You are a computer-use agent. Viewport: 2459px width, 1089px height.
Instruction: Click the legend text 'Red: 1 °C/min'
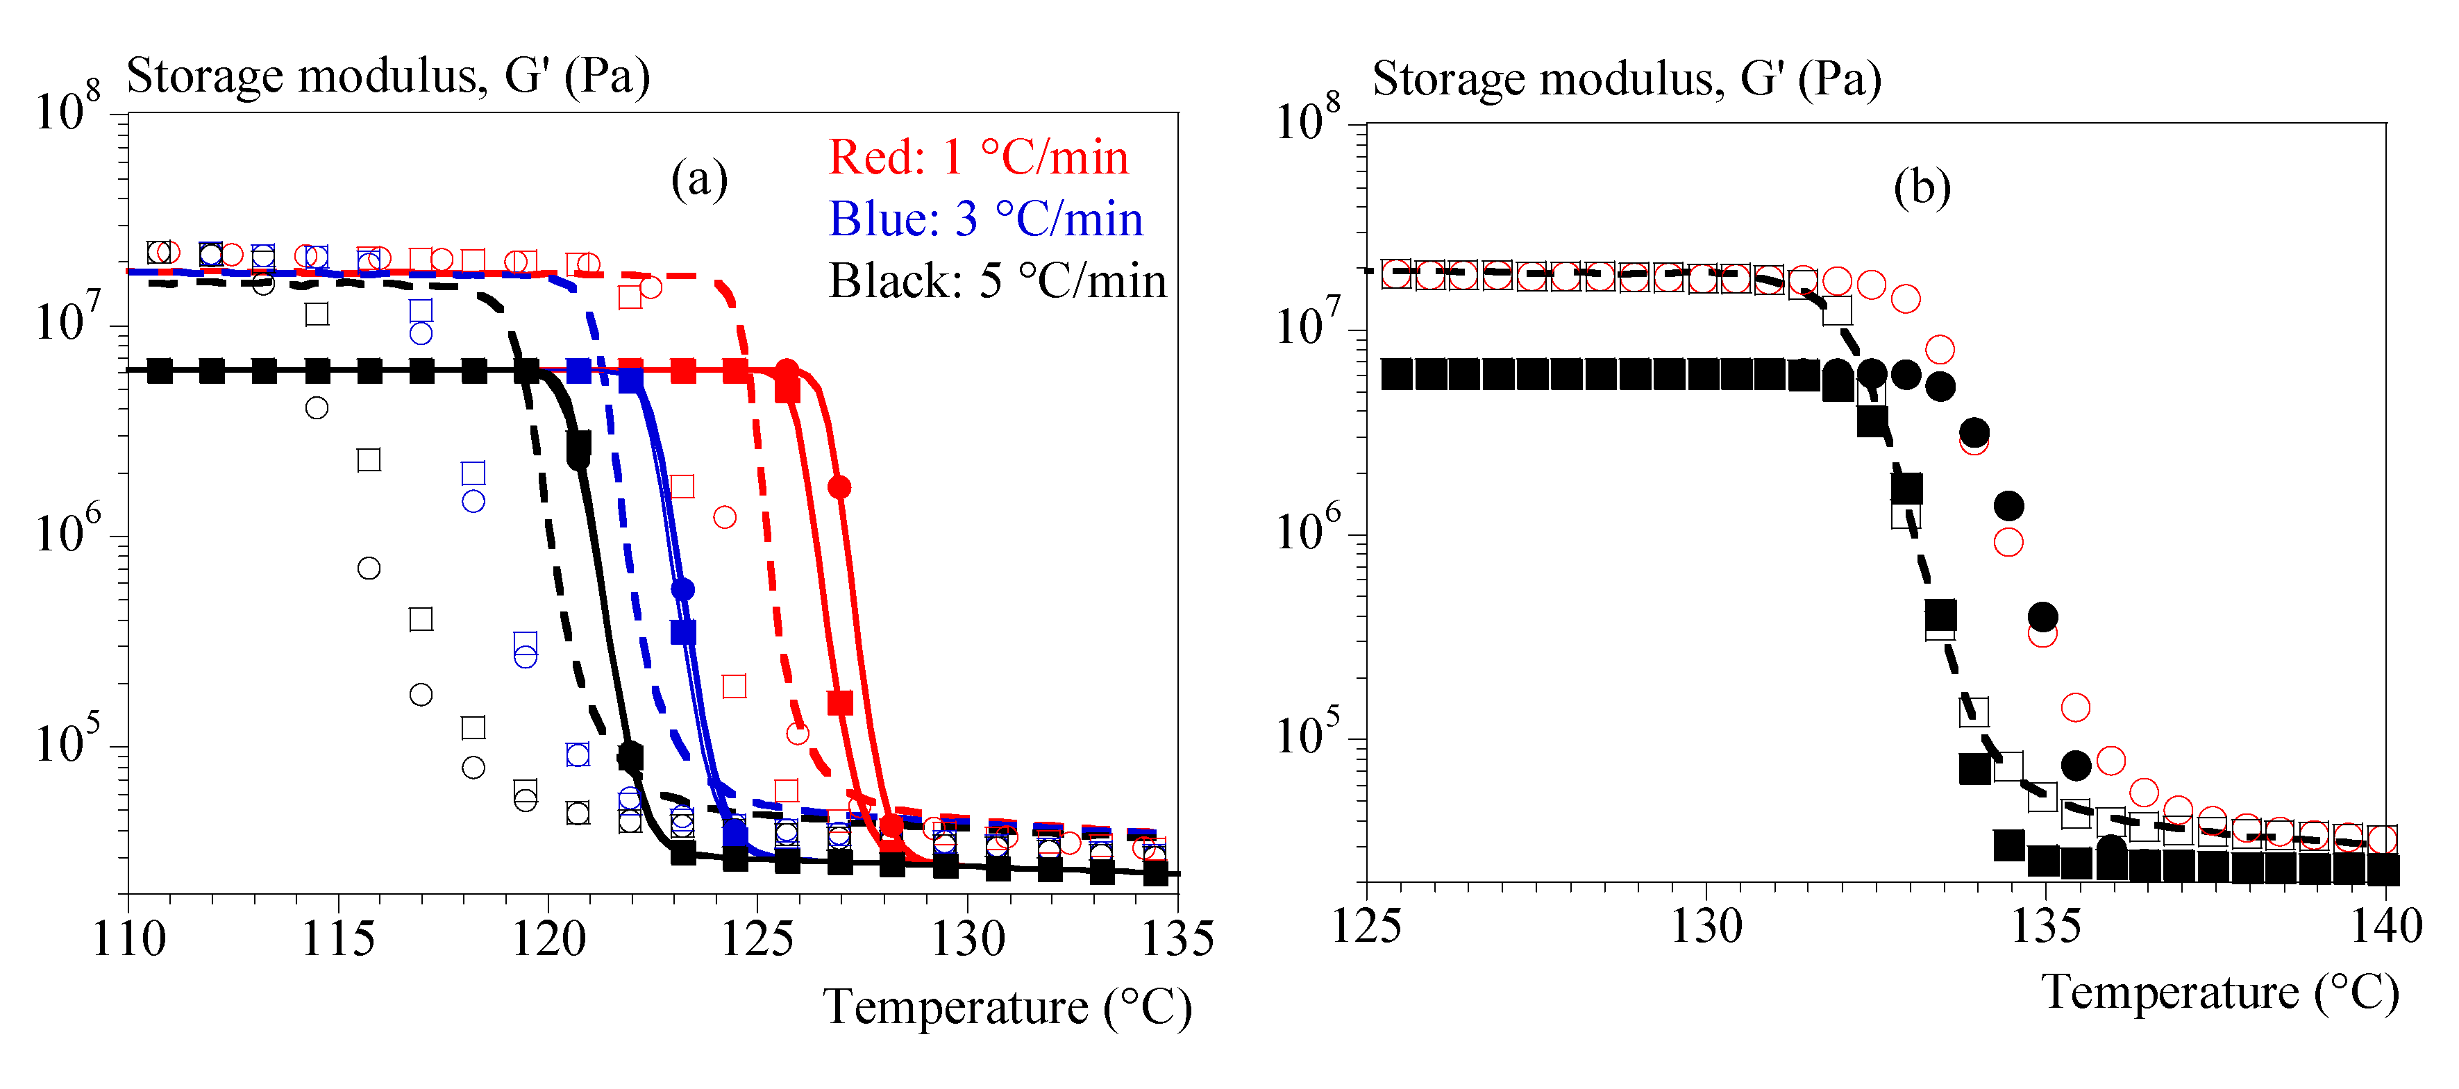[x=977, y=158]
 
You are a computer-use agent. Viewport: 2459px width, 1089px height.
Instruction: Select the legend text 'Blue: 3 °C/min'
[x=985, y=219]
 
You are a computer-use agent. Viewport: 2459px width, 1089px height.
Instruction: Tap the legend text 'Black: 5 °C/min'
[x=997, y=282]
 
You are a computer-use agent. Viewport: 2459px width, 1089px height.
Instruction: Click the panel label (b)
[x=1922, y=187]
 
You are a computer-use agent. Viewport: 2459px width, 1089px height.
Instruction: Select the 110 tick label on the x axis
[x=129, y=939]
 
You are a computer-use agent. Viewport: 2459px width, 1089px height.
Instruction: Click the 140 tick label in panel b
[x=2385, y=927]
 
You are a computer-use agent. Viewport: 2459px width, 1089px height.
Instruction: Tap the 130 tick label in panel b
[x=1706, y=927]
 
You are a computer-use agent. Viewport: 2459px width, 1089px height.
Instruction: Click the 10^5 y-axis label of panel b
[x=1308, y=732]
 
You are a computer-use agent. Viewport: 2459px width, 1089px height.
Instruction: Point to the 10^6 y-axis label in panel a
[x=67, y=530]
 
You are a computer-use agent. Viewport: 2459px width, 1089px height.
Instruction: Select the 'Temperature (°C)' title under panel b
[x=2219, y=993]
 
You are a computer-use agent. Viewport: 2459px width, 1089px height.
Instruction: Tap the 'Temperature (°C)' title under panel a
[x=1007, y=1007]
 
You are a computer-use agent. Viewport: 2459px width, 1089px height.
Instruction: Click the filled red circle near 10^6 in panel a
[x=839, y=488]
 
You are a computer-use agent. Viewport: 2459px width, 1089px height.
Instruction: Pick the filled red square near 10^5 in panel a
[x=840, y=703]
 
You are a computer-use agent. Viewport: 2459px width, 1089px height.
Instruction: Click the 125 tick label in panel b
[x=1367, y=927]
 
